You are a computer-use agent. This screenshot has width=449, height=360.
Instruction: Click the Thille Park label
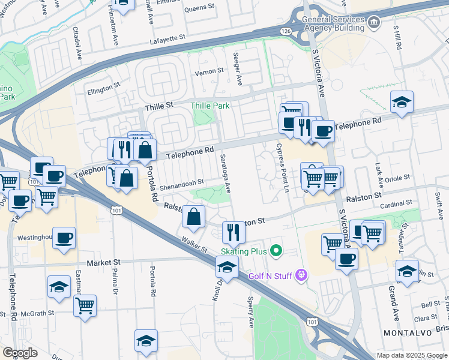click(x=210, y=106)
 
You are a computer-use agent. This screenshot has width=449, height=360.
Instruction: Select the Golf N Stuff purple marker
click(x=301, y=275)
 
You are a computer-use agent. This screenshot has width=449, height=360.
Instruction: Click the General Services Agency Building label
click(x=333, y=23)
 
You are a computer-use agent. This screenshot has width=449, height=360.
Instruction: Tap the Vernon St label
click(x=209, y=71)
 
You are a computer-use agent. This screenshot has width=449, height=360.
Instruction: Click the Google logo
click(x=20, y=353)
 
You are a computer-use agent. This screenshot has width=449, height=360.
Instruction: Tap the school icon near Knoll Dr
click(x=226, y=266)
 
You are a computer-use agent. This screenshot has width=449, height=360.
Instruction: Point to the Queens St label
click(x=199, y=8)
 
